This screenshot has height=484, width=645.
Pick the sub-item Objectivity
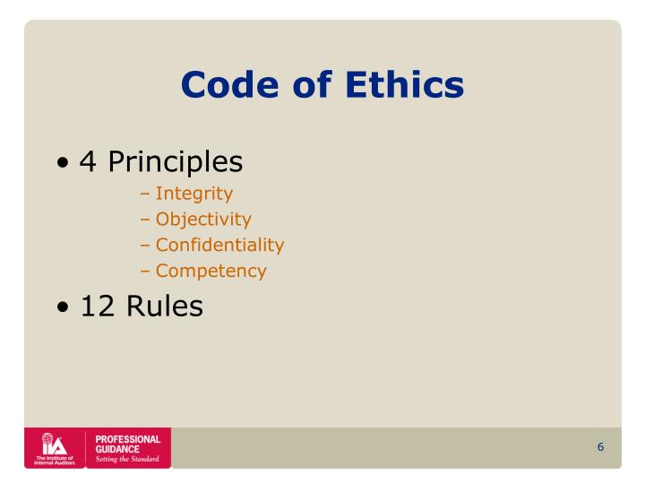coord(203,220)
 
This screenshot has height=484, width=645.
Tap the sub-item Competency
coord(211,271)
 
